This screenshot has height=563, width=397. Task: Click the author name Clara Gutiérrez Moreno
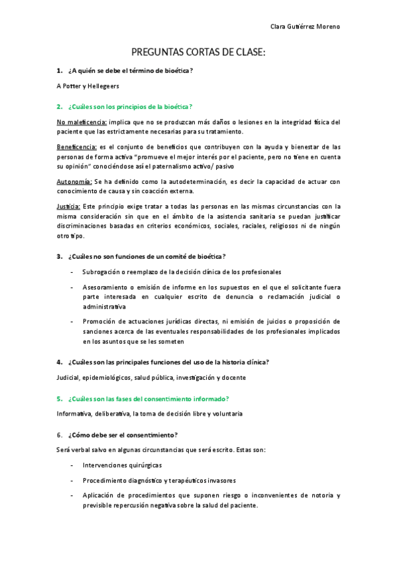[306, 27]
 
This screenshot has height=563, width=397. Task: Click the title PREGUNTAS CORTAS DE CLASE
[198, 52]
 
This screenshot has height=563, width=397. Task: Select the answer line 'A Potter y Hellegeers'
[89, 86]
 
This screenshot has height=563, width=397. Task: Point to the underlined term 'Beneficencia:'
[77, 147]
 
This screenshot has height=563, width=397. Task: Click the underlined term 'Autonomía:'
[74, 181]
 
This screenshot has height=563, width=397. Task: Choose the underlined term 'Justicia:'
[69, 206]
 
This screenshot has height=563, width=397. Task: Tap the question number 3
[60, 256]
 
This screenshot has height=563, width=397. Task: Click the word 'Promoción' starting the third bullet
[99, 321]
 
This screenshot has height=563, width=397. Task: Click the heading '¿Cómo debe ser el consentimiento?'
[123, 434]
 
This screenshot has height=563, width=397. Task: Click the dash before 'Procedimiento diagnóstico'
[72, 480]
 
